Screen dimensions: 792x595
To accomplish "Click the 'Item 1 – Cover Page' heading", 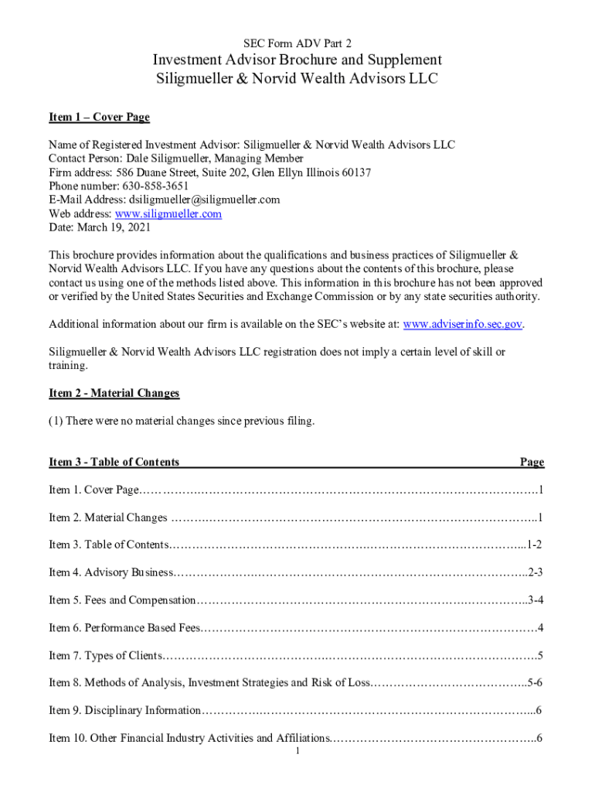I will (99, 117).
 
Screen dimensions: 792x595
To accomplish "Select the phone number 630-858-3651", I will (155, 186).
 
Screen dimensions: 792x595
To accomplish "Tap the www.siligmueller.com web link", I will (168, 213).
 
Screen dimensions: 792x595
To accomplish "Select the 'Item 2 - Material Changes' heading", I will (114, 393).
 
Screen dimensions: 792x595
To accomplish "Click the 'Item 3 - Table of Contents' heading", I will (114, 462).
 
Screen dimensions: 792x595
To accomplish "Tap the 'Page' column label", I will (532, 462).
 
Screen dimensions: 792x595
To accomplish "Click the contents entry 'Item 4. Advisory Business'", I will (111, 572).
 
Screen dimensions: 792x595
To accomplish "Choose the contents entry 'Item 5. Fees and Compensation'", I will (122, 600).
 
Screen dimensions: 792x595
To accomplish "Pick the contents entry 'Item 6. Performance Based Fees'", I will (124, 627).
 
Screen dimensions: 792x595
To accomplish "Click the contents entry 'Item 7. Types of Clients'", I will (105, 656).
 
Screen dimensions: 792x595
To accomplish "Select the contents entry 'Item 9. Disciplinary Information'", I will (124, 710).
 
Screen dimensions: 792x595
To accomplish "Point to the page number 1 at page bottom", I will (297, 751).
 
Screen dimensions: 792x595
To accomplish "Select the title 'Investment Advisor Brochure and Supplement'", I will (297, 60).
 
